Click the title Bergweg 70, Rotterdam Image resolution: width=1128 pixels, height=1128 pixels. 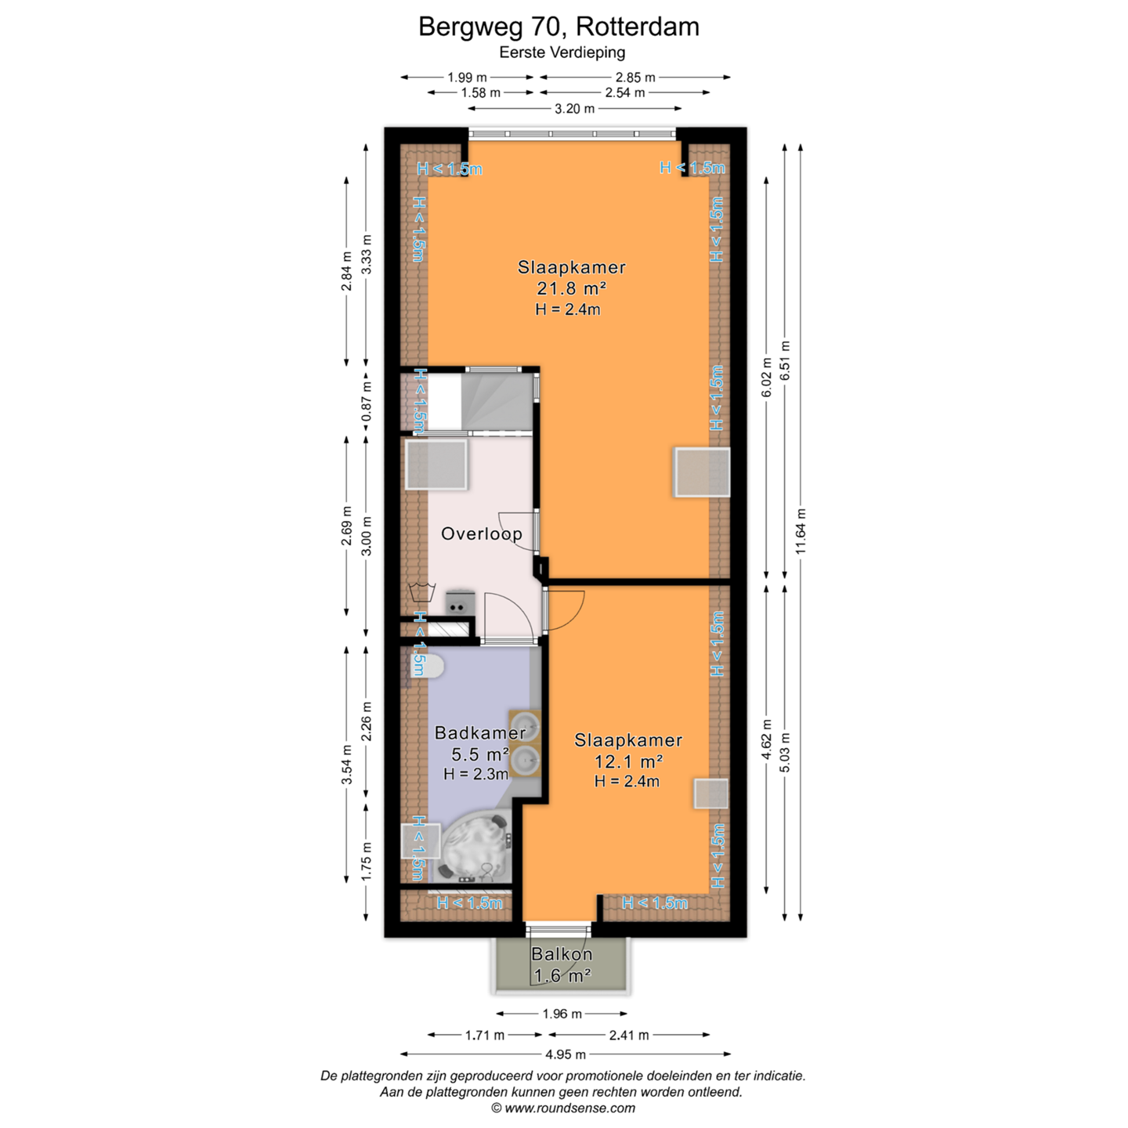(559, 27)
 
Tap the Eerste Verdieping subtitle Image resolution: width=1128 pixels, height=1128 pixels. (562, 52)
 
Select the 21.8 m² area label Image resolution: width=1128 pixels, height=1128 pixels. (571, 288)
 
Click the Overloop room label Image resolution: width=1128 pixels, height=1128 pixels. (481, 534)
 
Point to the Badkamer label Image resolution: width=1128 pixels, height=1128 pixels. (480, 733)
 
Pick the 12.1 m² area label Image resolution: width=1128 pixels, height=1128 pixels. (629, 761)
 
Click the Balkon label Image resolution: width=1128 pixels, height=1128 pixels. (562, 954)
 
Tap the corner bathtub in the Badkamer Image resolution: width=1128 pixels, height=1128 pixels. (475, 846)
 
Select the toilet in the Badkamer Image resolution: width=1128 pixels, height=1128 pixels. (430, 666)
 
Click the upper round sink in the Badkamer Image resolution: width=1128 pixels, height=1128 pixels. (525, 726)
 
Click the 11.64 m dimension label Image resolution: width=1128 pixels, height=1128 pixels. (801, 532)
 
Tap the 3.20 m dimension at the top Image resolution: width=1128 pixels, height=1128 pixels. (574, 108)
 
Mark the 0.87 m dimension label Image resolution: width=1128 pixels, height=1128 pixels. (367, 402)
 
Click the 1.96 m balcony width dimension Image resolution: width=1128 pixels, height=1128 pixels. (562, 1014)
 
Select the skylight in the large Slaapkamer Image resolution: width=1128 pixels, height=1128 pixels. (702, 472)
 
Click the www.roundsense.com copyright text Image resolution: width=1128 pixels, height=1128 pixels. (562, 1108)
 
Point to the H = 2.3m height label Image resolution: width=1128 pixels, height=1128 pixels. (475, 774)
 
